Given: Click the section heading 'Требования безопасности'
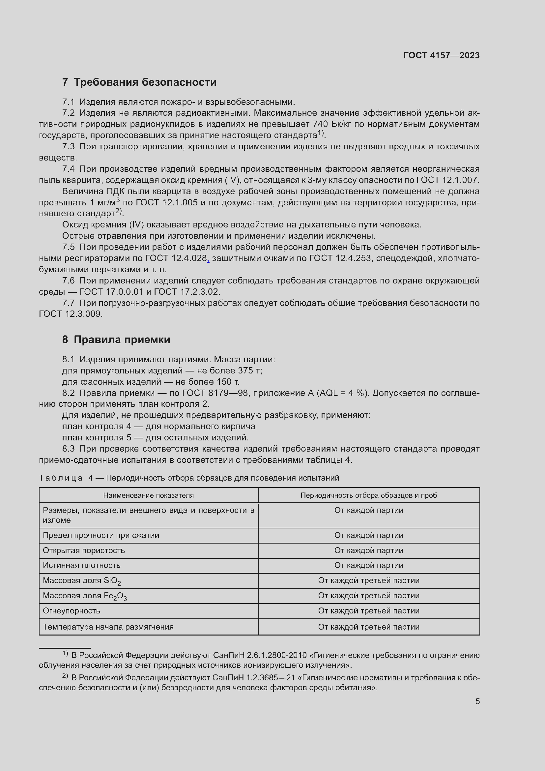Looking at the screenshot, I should click(x=145, y=82).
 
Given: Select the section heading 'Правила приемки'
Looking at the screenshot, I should click(x=122, y=340).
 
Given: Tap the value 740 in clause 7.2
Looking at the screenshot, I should click(x=320, y=124).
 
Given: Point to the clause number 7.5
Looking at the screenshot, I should click(x=69, y=247).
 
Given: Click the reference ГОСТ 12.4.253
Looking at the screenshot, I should click(x=340, y=258).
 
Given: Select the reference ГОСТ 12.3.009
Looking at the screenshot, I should click(x=70, y=314).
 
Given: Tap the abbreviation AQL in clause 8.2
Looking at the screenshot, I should click(x=328, y=393).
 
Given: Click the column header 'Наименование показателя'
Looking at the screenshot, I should click(x=148, y=495).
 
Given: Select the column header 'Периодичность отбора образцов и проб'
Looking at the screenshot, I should click(x=368, y=495).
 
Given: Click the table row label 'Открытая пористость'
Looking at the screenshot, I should click(x=84, y=550).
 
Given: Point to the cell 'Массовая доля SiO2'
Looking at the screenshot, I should click(x=81, y=580).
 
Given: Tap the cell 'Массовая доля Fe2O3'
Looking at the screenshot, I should click(x=85, y=596).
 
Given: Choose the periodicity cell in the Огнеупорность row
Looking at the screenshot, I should click(x=368, y=611).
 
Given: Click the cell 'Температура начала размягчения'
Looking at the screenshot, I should click(x=108, y=627).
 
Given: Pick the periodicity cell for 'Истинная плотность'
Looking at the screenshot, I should click(x=368, y=566).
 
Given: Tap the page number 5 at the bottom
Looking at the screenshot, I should click(x=477, y=701).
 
